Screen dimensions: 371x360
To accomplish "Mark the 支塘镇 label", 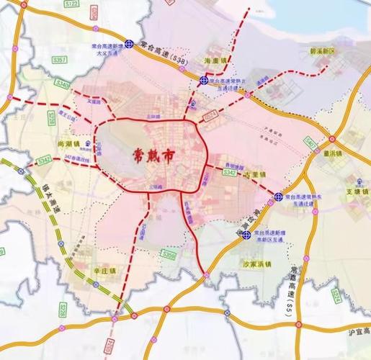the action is pos(348,192).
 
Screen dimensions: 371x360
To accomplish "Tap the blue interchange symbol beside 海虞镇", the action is pos(205,80).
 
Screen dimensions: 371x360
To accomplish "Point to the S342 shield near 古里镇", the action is pos(229,173).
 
